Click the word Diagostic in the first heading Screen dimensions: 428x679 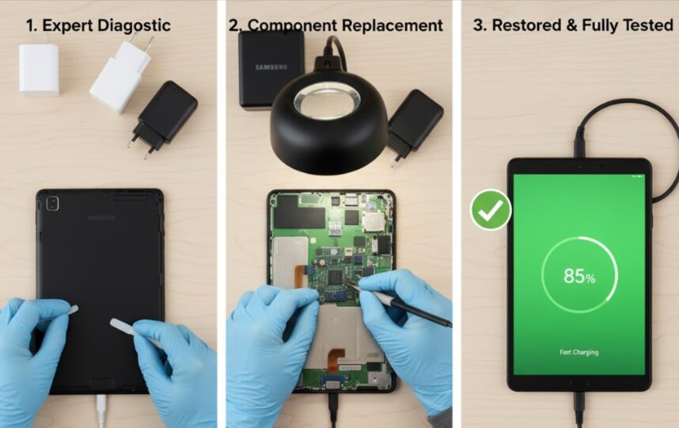[x=135, y=25]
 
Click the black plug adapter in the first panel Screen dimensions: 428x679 [x=165, y=115]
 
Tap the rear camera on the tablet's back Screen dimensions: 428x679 [x=52, y=204]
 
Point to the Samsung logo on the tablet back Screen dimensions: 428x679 [x=101, y=218]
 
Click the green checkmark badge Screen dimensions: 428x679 [x=491, y=209]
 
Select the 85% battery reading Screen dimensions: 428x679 [x=578, y=276]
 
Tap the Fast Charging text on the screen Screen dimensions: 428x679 [x=578, y=352]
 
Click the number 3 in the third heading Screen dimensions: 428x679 [x=478, y=25]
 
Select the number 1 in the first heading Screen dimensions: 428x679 [x=31, y=25]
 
